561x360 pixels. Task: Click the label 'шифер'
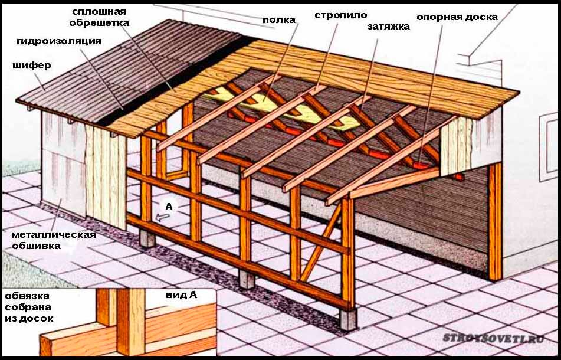(31, 66)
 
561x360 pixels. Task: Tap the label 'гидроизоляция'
(59, 41)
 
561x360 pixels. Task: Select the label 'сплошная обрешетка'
(99, 17)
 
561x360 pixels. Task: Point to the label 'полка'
(279, 20)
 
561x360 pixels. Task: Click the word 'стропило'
(341, 15)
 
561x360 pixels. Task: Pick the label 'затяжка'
(389, 27)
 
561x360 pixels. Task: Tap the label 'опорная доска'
(457, 17)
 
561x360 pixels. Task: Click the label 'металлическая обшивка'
(54, 240)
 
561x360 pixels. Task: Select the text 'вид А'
(181, 295)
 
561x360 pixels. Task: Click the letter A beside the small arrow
(169, 207)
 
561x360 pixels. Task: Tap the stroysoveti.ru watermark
(494, 338)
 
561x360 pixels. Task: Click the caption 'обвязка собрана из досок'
(28, 307)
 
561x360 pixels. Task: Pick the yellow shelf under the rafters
(283, 107)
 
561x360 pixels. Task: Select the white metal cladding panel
(63, 165)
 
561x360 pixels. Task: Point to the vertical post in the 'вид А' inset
(131, 322)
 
